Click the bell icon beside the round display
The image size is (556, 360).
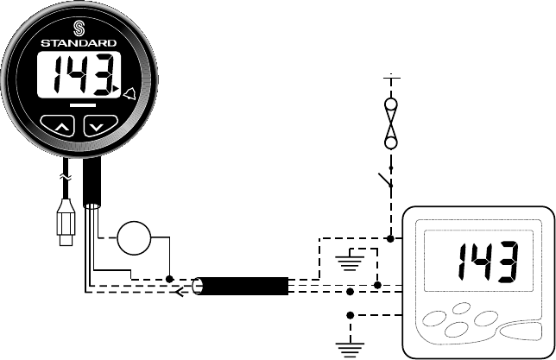(130, 92)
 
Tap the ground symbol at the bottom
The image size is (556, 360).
(350, 346)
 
